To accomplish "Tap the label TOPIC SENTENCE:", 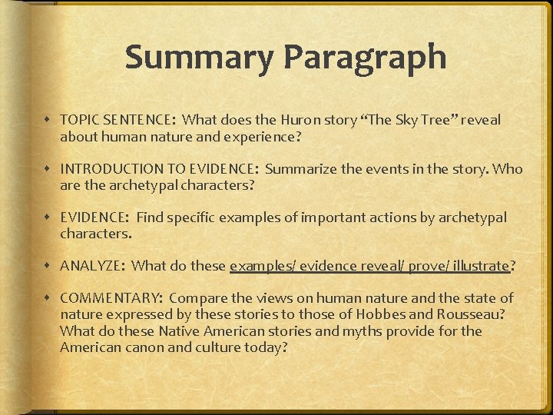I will pos(118,121).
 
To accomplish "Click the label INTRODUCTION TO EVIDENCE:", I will pos(158,169).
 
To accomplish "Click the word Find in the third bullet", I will pos(150,218).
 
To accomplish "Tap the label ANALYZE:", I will pos(91,267).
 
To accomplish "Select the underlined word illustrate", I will pos(482,267).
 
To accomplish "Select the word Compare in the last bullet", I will pos(197,298).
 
